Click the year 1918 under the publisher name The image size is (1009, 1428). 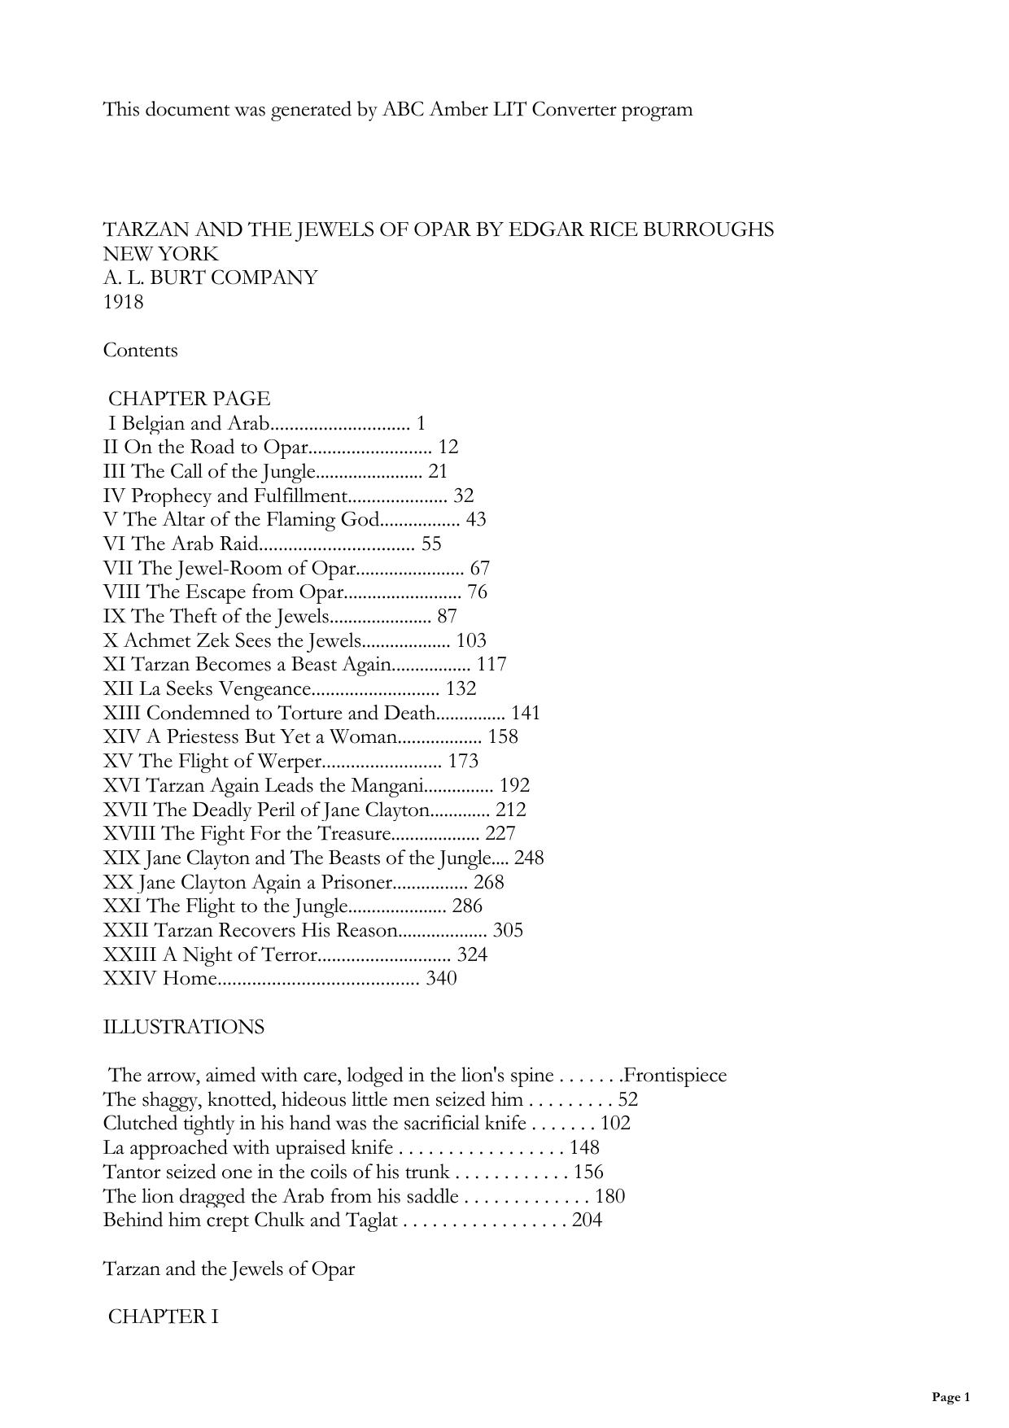tap(123, 302)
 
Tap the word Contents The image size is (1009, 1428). tap(140, 351)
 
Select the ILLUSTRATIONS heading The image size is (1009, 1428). tap(183, 1027)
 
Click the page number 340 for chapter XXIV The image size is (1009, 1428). tap(441, 978)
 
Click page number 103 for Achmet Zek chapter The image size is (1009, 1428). tap(472, 640)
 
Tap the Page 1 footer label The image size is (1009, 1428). tap(950, 1397)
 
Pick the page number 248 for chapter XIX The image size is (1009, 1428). tap(529, 858)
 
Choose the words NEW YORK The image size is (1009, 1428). tap(160, 254)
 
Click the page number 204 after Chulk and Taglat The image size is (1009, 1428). tap(587, 1220)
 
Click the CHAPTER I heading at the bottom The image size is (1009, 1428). tap(163, 1317)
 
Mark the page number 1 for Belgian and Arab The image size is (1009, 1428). tap(421, 423)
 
